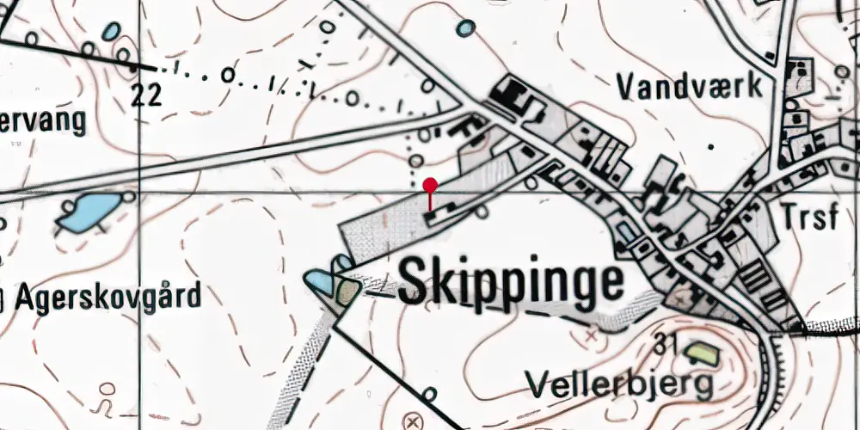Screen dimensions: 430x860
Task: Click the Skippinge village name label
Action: (511, 282)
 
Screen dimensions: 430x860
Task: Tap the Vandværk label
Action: (690, 86)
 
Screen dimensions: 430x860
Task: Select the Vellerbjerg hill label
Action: (620, 384)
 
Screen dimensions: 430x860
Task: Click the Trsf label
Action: (809, 218)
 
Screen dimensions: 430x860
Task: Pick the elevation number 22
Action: (147, 95)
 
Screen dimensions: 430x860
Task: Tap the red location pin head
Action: (431, 184)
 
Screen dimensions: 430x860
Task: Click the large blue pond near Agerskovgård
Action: (88, 211)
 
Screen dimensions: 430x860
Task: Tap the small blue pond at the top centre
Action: (465, 28)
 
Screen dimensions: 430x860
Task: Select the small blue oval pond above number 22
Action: (111, 32)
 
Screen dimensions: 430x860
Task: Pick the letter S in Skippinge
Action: (415, 280)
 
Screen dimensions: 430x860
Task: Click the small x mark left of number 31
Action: (591, 335)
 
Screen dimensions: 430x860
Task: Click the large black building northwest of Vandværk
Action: (510, 94)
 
